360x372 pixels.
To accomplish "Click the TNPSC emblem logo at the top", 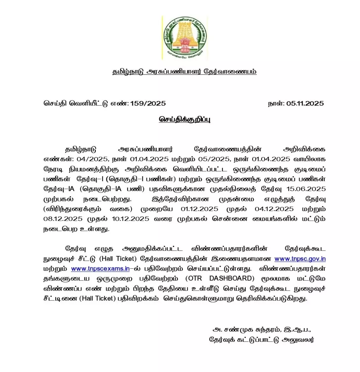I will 184,38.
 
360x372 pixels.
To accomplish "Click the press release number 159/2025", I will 148,103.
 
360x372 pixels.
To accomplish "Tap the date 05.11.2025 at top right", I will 305,103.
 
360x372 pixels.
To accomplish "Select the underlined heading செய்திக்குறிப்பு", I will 185,119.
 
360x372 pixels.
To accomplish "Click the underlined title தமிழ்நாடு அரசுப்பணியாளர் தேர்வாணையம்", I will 184,72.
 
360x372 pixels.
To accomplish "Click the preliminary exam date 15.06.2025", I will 306,189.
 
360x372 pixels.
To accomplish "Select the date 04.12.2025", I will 274,209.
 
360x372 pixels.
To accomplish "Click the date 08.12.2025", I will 63,219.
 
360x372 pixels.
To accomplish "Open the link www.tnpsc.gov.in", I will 300,259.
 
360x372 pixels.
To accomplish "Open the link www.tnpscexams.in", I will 100,269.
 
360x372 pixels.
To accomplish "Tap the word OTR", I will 194,278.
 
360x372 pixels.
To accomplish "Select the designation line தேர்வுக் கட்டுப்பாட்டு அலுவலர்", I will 261,340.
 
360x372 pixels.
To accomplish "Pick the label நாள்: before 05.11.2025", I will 276,103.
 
